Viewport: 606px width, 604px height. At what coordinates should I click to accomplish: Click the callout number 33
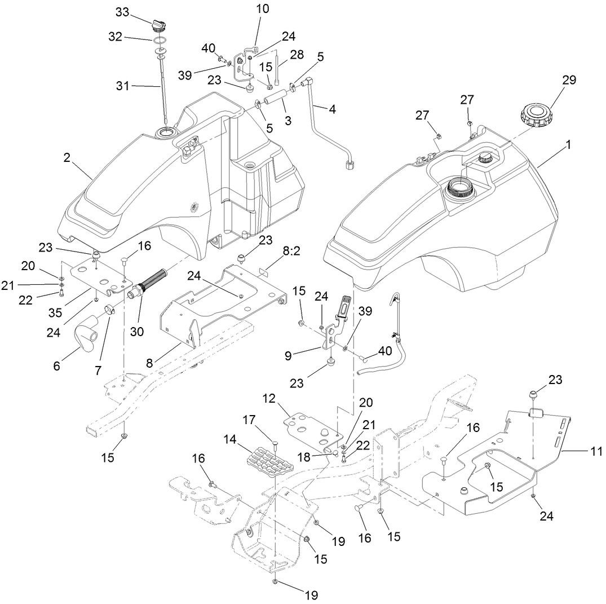point(122,12)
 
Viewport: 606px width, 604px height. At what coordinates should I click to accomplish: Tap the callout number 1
point(568,145)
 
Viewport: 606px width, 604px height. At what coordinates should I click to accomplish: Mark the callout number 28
point(297,55)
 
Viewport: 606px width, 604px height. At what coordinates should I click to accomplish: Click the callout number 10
point(262,9)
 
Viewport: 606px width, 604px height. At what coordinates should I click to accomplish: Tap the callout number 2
point(67,158)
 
